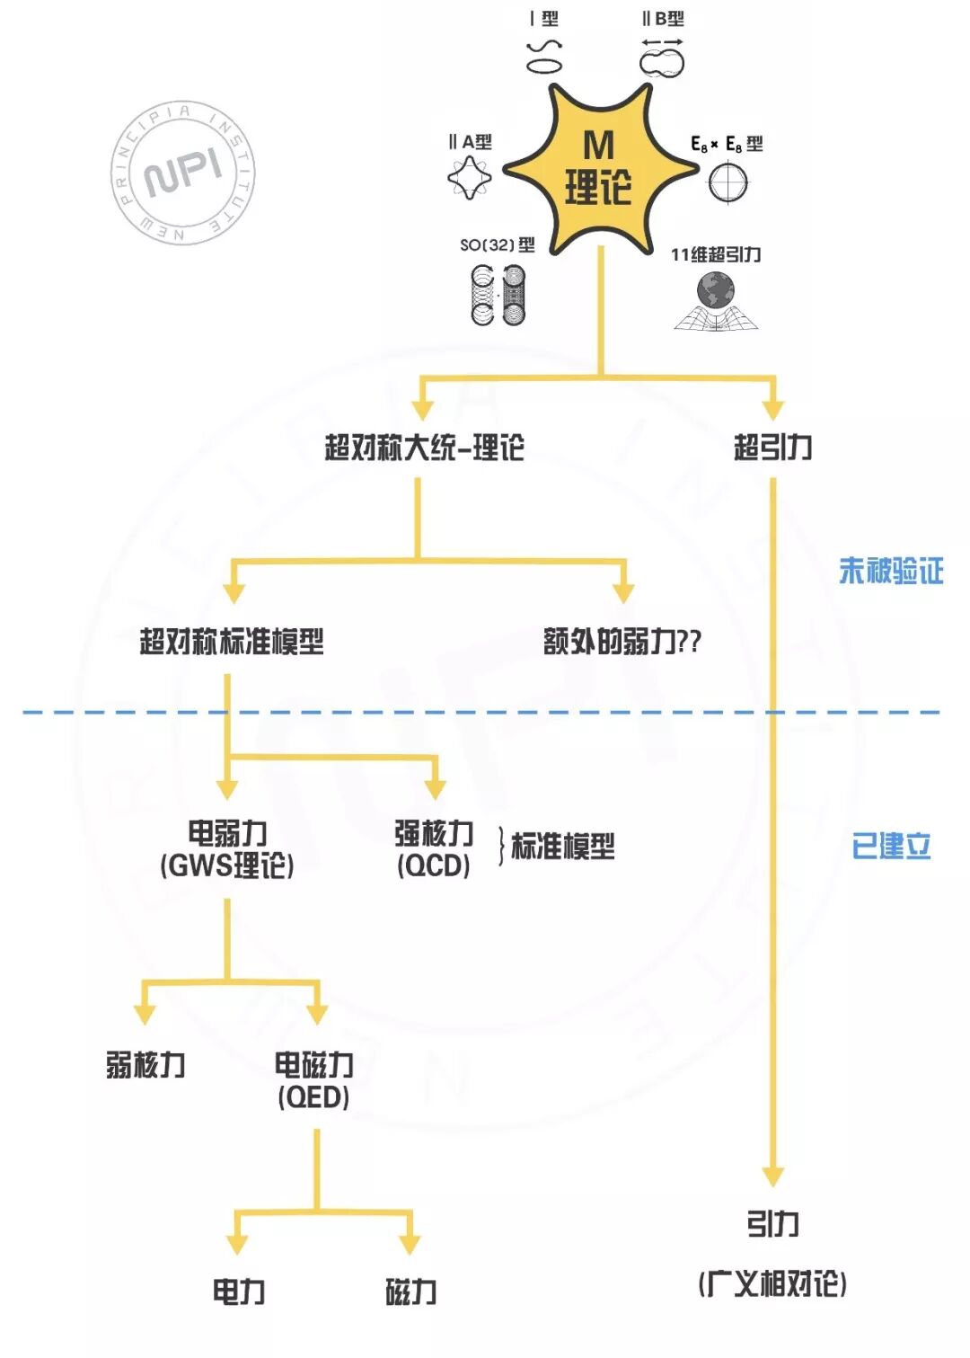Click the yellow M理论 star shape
point(599,169)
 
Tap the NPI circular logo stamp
point(183,172)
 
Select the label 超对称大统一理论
point(424,447)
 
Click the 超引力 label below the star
point(772,447)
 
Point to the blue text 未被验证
point(890,571)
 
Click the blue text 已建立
point(890,846)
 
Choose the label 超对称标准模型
point(232,642)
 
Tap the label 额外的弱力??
point(622,642)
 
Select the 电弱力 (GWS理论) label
point(227,849)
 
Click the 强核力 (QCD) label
point(434,849)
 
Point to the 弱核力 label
point(145,1065)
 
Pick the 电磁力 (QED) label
point(313,1080)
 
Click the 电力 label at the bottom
point(238,1292)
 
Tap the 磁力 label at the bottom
point(410,1292)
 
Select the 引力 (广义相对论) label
point(772,1254)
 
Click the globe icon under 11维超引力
point(716,293)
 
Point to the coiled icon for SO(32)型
point(498,295)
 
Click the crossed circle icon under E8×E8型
point(727,183)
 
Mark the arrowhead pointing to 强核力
point(435,789)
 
